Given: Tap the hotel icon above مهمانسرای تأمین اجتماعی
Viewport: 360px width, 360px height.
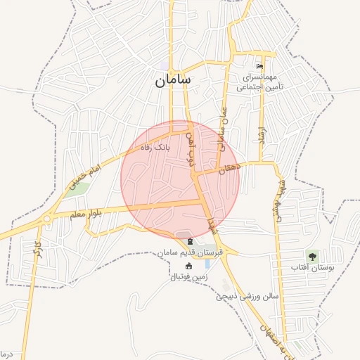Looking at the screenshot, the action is [x=260, y=66].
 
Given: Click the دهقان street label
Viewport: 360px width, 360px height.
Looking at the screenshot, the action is [x=229, y=169].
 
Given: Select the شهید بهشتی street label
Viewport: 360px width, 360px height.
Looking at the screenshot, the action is [x=283, y=200].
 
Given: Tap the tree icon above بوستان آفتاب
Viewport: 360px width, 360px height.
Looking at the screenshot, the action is [x=311, y=255].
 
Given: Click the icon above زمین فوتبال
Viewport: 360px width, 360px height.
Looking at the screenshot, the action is [x=188, y=266].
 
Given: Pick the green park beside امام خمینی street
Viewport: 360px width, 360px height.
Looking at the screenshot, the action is [x=79, y=188].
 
